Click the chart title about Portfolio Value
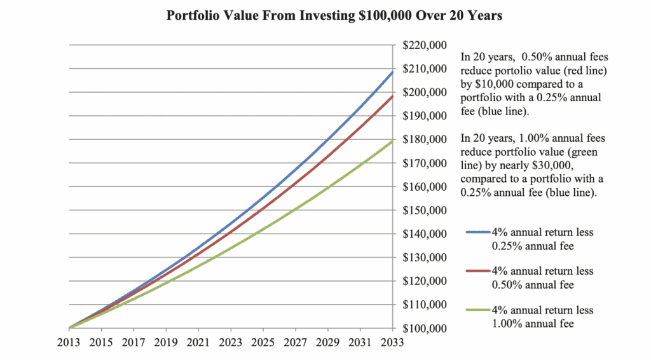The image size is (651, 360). pos(334,16)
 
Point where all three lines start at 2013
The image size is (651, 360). pos(69,328)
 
